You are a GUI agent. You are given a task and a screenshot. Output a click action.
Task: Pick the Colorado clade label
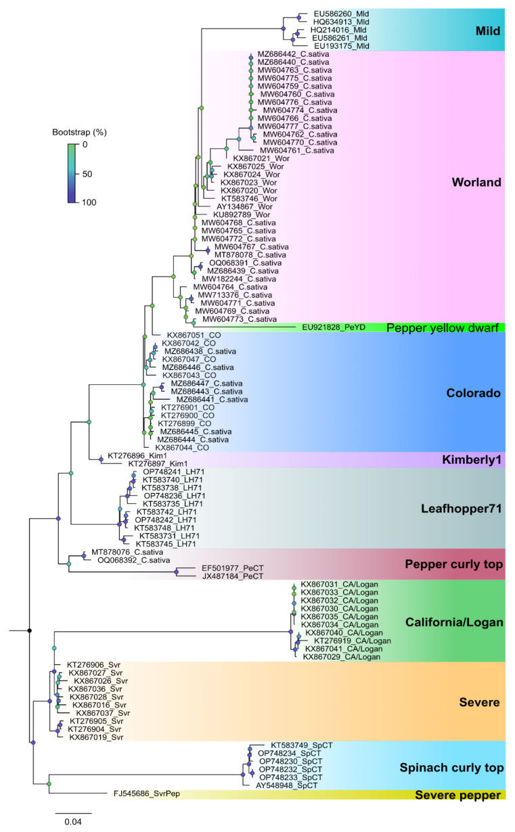tap(472, 393)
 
